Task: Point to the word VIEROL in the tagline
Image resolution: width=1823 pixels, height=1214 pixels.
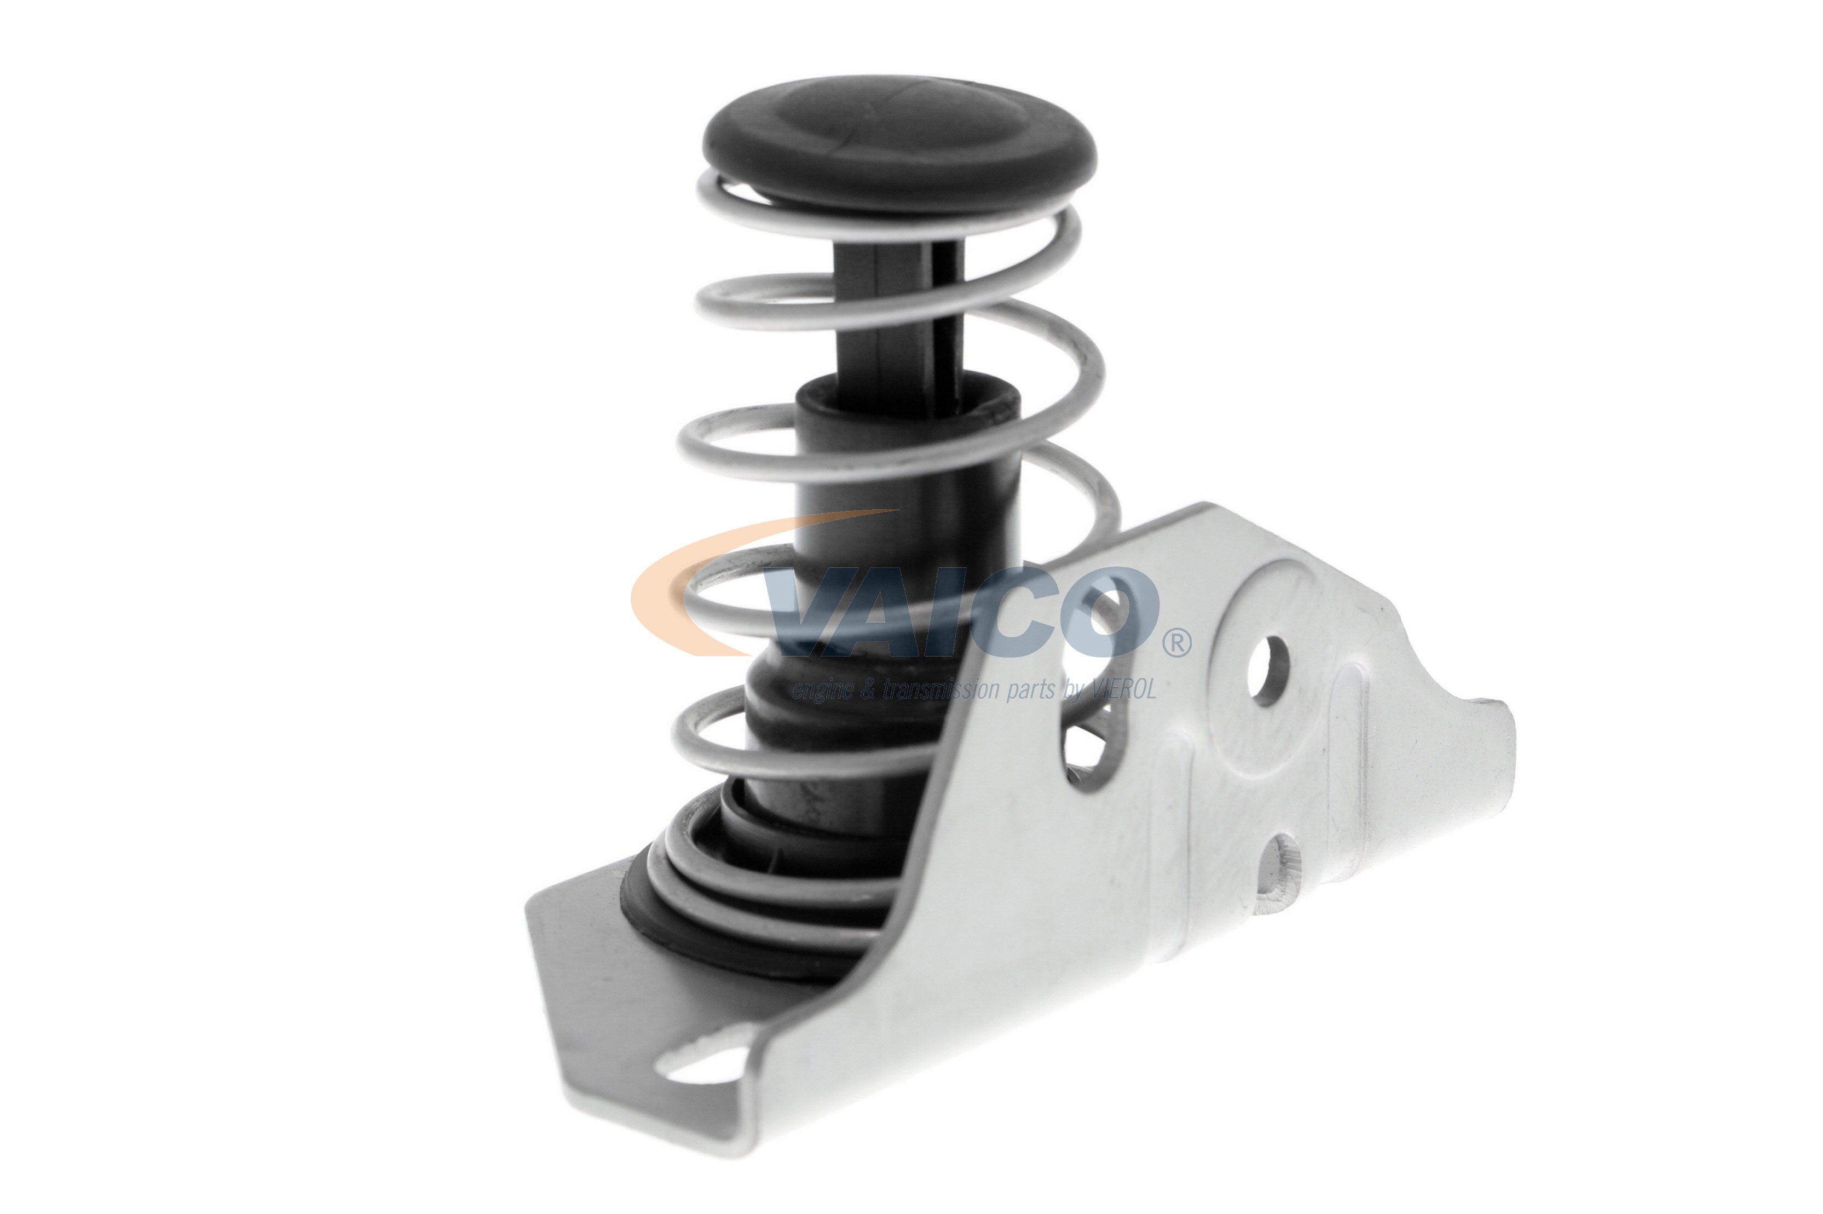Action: [x=1123, y=689]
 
